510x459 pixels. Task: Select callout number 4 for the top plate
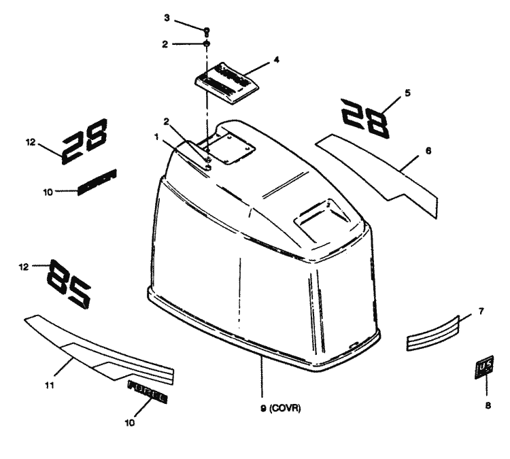[x=276, y=60]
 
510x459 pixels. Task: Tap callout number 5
[x=407, y=91]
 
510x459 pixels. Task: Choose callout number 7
[x=481, y=311]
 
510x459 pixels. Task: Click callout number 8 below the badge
[x=486, y=405]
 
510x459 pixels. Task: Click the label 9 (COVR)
[x=280, y=409]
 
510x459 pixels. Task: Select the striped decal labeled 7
[x=432, y=333]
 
